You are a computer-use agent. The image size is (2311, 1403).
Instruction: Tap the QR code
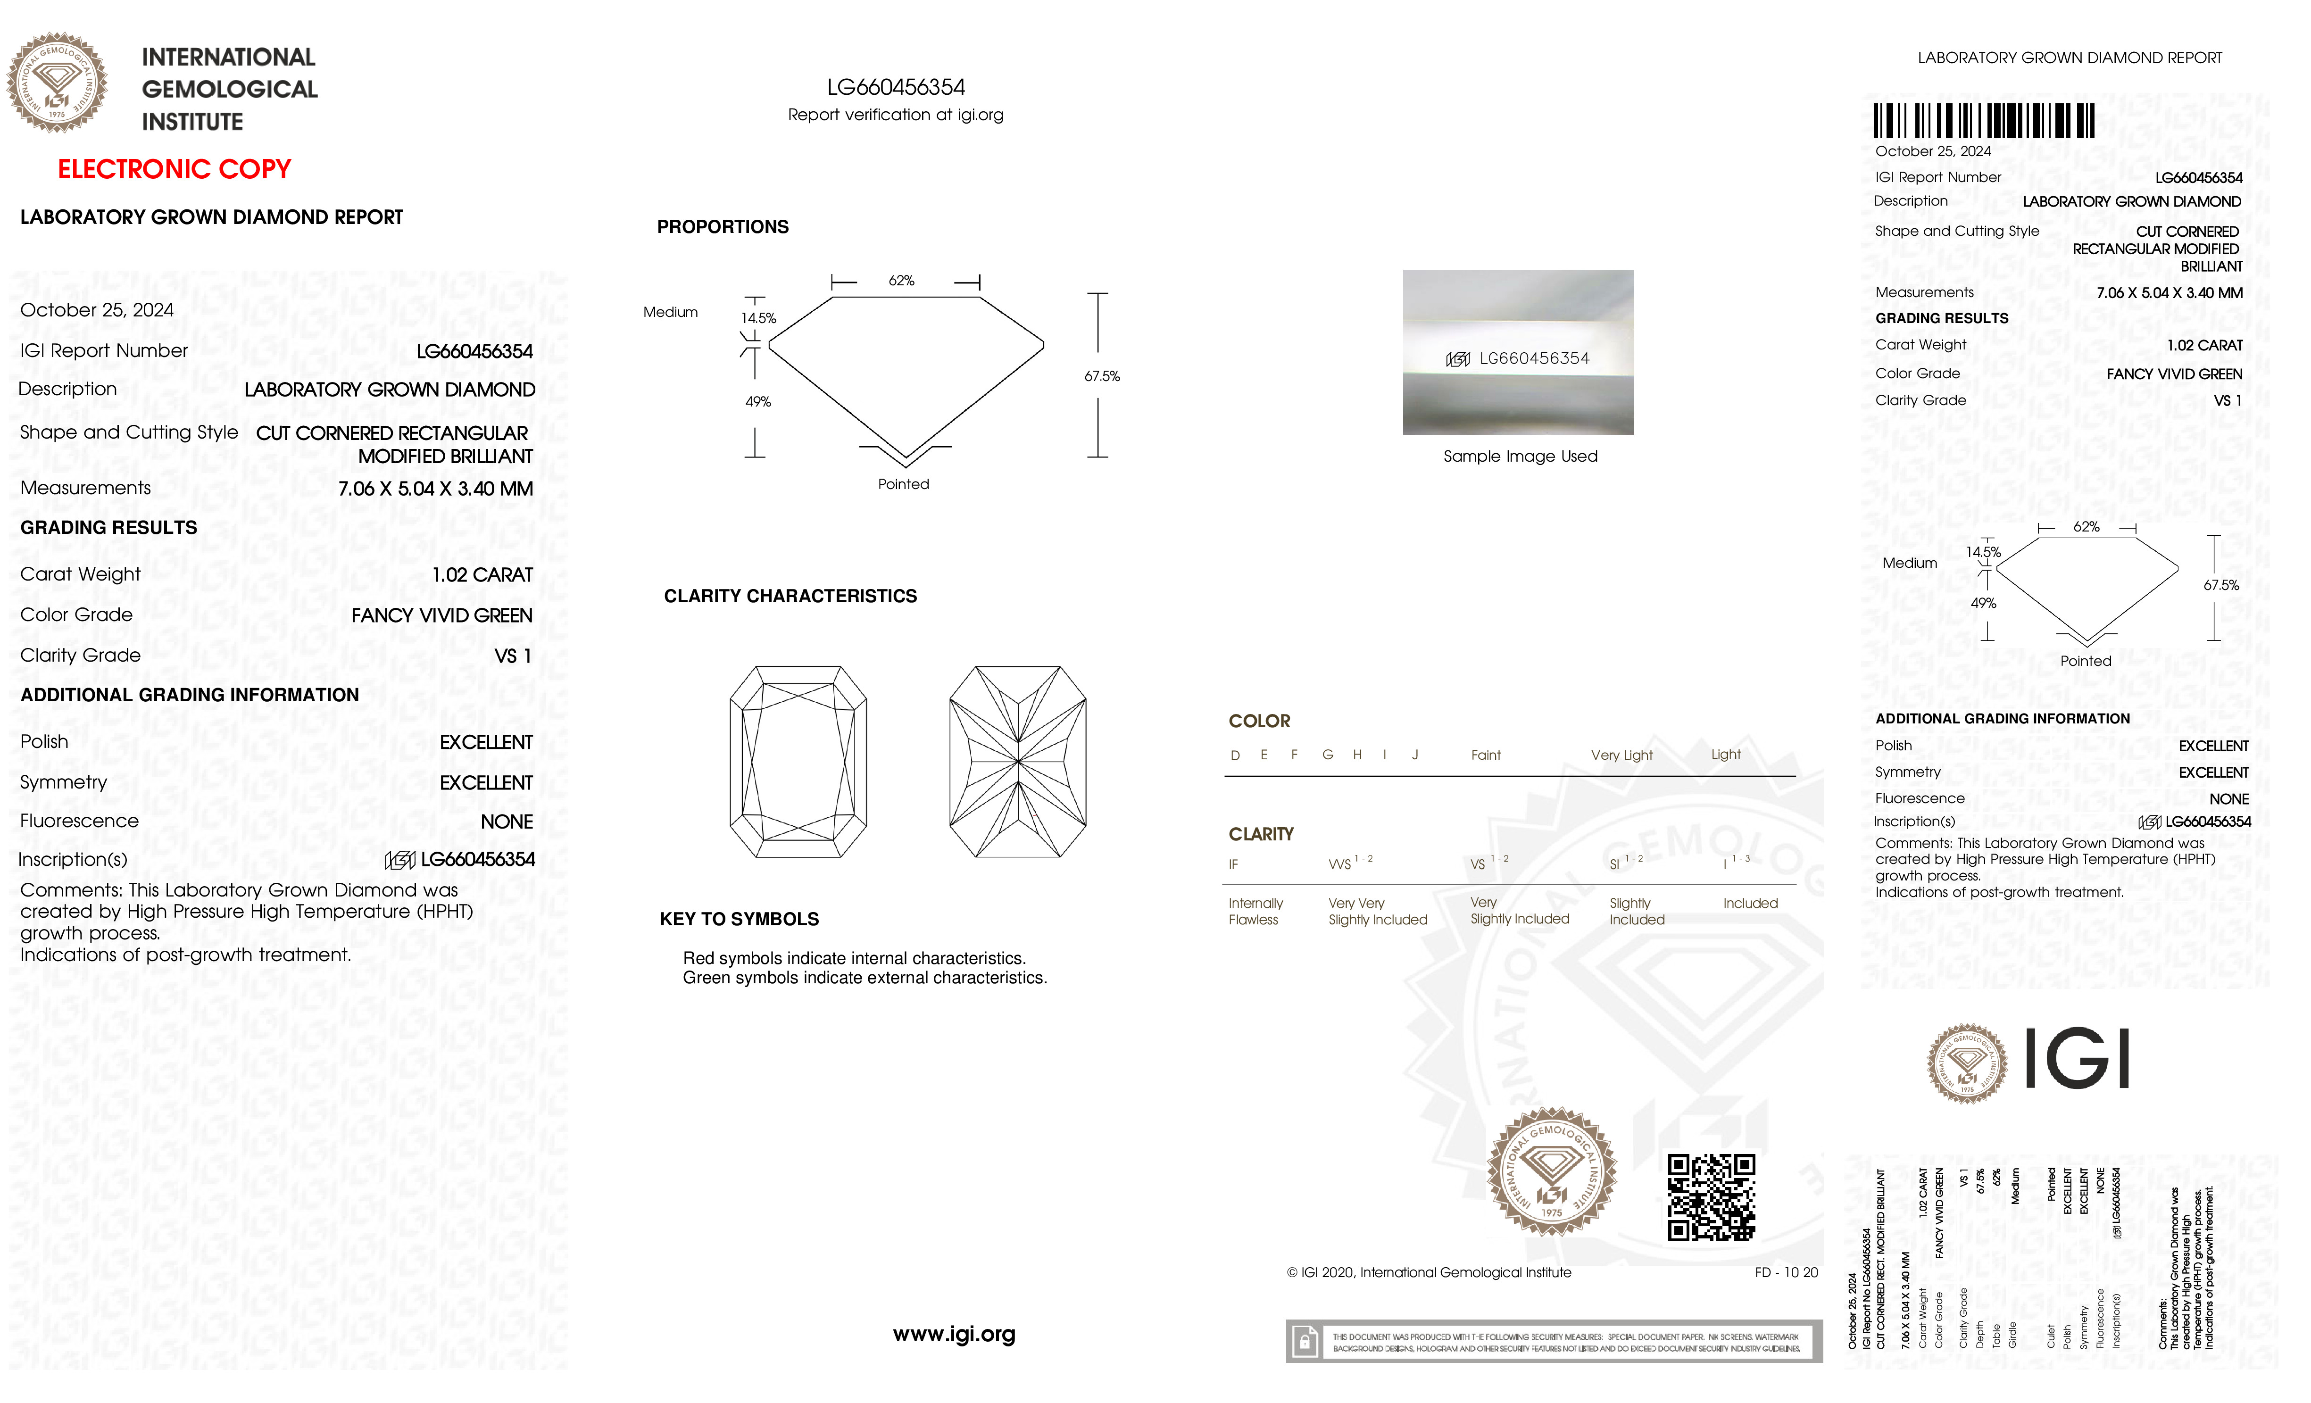[1711, 1197]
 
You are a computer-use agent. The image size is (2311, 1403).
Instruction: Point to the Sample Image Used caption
[1520, 457]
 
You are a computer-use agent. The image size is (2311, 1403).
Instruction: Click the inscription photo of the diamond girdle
[1518, 353]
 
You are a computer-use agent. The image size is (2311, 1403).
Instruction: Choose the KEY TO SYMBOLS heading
[739, 919]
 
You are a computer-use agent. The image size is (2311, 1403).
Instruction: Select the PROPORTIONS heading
[722, 227]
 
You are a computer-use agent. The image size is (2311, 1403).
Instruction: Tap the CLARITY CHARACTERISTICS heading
[790, 597]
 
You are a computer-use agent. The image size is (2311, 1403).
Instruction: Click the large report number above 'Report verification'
[896, 87]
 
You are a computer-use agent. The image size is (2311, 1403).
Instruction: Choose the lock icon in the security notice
[1304, 1342]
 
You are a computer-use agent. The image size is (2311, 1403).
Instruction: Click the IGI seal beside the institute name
[57, 83]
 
